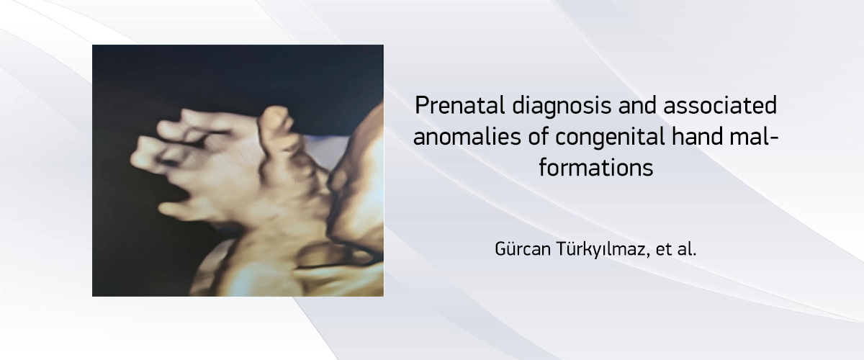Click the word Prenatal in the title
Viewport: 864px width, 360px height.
[460, 105]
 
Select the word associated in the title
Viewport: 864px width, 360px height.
[720, 105]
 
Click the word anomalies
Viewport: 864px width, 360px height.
[467, 137]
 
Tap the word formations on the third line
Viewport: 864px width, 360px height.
[596, 168]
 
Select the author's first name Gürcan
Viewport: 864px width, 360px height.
[523, 249]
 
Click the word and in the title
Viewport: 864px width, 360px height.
[637, 105]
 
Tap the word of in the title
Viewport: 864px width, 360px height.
[538, 137]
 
